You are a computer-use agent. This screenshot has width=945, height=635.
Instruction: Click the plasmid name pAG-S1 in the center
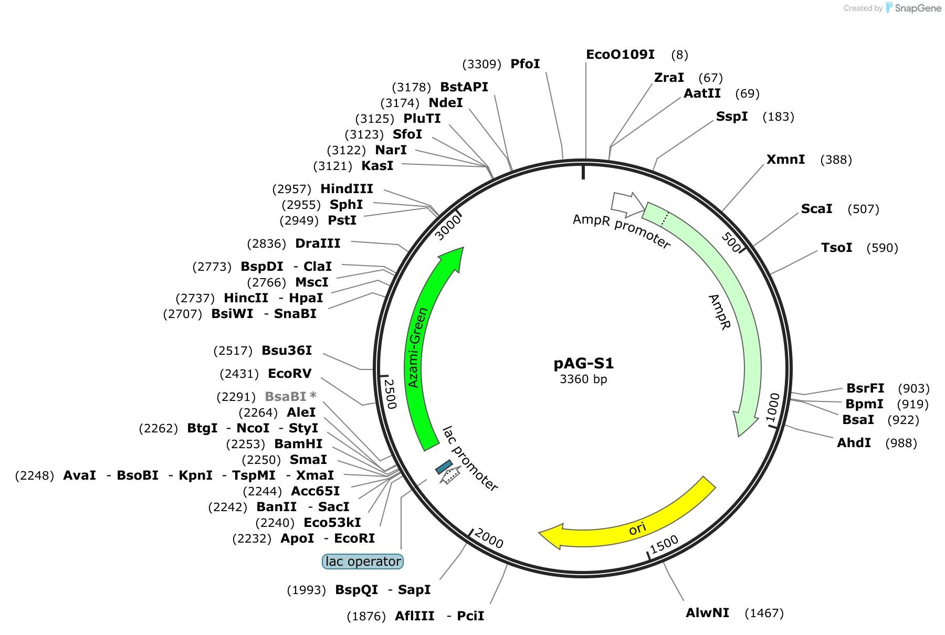pos(583,363)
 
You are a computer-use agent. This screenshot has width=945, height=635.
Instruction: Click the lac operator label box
pos(363,562)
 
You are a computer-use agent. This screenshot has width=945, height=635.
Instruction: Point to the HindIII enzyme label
pos(346,189)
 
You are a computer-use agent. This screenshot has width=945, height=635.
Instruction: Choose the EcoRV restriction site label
pos(290,374)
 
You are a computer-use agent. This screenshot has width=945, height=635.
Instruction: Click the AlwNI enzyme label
pos(707,613)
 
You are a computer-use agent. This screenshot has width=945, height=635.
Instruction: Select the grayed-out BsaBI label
pos(290,397)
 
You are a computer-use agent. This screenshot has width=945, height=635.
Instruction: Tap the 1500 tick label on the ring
pos(664,545)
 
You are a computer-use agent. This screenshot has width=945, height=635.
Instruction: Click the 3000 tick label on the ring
pos(448,228)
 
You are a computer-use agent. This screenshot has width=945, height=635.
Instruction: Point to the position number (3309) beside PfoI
pos(481,64)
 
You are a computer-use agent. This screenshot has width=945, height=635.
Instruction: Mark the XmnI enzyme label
pos(785,160)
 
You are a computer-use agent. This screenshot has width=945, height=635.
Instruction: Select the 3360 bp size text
pos(583,379)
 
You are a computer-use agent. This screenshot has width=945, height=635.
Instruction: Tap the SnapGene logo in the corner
pos(913,8)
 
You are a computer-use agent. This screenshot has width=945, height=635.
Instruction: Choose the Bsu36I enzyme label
pos(287,351)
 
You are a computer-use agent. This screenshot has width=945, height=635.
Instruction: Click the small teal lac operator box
pos(444,467)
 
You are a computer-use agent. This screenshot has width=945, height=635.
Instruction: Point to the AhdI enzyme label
pos(854,443)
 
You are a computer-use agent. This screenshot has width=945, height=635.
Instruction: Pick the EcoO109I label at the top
pos(620,55)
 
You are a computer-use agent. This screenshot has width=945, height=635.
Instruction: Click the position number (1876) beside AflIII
pos(366,616)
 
